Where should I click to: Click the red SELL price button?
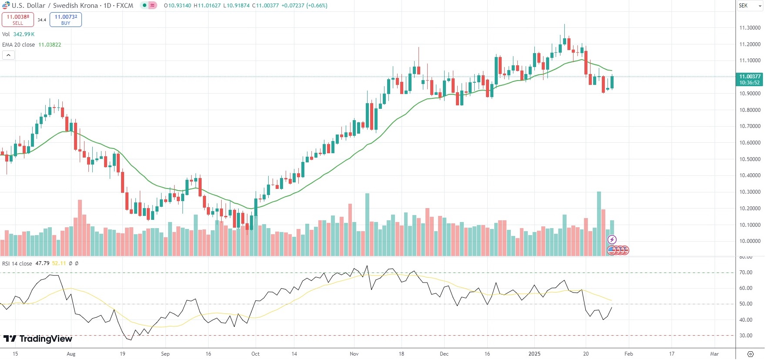point(18,20)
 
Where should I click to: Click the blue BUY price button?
point(66,20)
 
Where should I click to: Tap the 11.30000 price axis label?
point(749,28)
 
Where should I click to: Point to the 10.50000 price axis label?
point(749,159)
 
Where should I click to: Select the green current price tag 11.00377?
point(749,79)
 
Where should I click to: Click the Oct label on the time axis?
point(256,354)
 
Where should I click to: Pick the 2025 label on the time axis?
point(534,354)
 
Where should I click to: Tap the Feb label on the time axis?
point(629,354)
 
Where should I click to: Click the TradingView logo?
point(38,339)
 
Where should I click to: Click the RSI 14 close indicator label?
point(17,264)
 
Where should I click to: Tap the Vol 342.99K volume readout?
point(18,34)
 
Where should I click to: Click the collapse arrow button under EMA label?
point(8,55)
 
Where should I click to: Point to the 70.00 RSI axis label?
point(746,273)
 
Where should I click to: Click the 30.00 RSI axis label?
point(746,336)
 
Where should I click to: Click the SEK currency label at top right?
point(743,6)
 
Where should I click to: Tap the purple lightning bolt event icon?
point(612,239)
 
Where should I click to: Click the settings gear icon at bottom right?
point(750,354)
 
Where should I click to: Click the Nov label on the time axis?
point(354,354)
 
